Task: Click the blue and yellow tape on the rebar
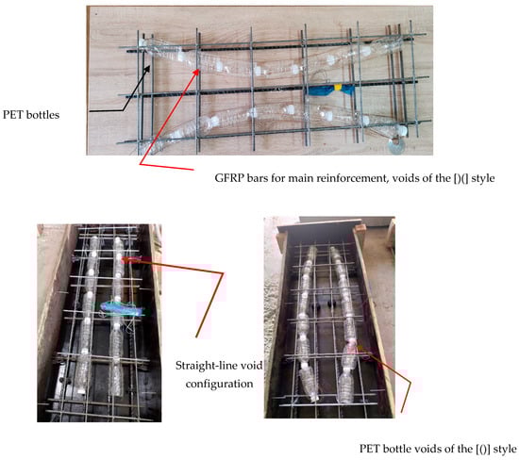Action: click(x=331, y=90)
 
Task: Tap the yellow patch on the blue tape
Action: click(x=338, y=88)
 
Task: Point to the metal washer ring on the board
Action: click(x=396, y=146)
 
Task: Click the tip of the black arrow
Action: click(x=150, y=66)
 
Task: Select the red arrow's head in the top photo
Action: click(x=198, y=70)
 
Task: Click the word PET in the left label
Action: click(x=13, y=115)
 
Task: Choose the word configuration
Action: click(x=219, y=384)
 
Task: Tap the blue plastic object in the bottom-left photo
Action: click(x=122, y=308)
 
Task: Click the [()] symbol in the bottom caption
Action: click(x=483, y=449)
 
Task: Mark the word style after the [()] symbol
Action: click(x=505, y=449)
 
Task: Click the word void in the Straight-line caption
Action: click(x=251, y=366)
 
